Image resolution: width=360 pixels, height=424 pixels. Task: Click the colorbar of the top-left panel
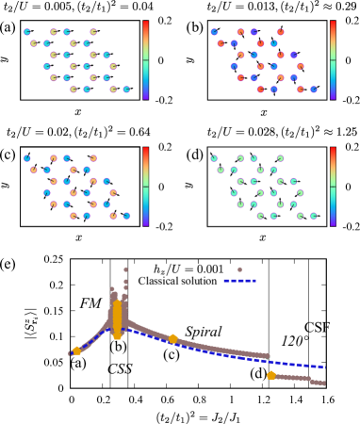(145, 59)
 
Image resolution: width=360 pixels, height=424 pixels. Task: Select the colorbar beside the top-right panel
(333, 59)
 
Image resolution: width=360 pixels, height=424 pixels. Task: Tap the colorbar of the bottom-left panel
(145, 186)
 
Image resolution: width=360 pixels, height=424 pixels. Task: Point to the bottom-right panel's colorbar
(333, 186)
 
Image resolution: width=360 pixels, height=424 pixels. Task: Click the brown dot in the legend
(239, 269)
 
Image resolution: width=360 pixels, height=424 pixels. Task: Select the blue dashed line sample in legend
(239, 280)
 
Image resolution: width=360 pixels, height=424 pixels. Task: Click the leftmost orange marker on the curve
(76, 351)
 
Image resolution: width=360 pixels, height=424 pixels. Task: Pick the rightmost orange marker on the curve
(271, 375)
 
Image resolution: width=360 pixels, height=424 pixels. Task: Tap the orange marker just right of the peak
(172, 338)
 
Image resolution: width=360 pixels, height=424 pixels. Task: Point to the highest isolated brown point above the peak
(125, 269)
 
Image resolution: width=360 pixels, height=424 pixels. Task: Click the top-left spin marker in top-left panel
(27, 32)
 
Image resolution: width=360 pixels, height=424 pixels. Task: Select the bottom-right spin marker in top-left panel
(126, 90)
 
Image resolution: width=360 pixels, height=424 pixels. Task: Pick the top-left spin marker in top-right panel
(215, 32)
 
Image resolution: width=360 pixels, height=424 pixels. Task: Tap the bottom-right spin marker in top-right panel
(314, 90)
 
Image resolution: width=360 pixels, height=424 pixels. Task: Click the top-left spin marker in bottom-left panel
(27, 158)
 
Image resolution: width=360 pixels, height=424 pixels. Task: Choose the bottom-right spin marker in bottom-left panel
(126, 216)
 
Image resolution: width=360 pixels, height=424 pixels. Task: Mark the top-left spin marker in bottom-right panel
(215, 158)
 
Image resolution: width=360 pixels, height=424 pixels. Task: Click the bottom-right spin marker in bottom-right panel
(314, 216)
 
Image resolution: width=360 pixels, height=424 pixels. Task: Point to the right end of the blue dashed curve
(323, 367)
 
